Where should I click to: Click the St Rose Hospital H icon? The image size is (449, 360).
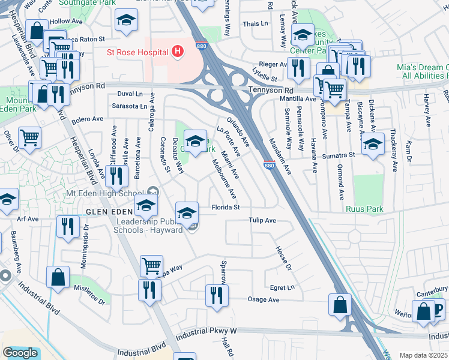click(x=177, y=52)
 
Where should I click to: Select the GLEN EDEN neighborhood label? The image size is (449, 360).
click(x=109, y=212)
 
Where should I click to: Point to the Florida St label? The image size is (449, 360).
click(x=226, y=208)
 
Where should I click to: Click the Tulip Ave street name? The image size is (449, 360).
click(x=263, y=221)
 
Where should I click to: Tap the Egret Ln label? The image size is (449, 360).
click(x=282, y=288)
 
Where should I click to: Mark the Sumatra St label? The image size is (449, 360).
click(x=341, y=155)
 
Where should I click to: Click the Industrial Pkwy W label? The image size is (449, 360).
click(x=207, y=331)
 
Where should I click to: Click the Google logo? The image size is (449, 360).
click(x=20, y=353)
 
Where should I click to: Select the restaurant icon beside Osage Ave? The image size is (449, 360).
click(x=217, y=295)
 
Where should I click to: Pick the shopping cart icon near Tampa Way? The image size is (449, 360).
click(x=151, y=265)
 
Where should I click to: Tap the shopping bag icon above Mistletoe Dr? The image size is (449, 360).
click(x=58, y=277)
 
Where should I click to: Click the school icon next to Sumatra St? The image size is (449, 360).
click(x=373, y=145)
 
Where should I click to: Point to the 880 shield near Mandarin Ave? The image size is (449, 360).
click(x=269, y=165)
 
